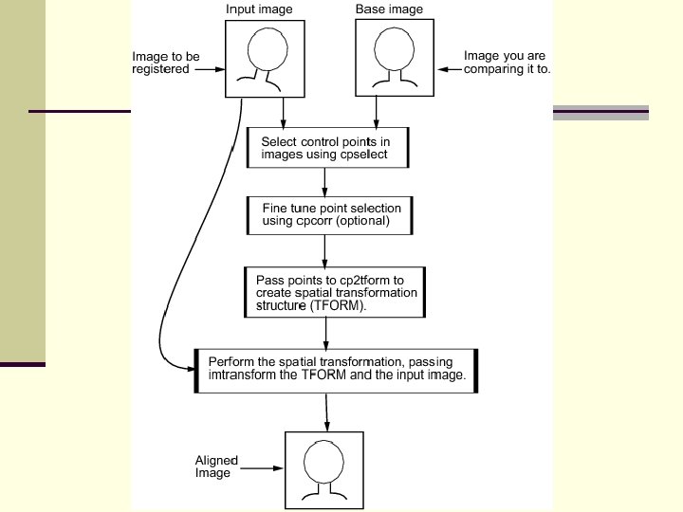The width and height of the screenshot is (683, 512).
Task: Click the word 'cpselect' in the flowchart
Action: (360, 155)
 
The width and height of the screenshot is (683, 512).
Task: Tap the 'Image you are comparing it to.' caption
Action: (507, 63)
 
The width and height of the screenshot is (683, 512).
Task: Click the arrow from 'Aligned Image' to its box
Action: (265, 466)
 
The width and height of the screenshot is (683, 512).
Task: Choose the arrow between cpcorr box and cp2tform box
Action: (325, 248)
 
